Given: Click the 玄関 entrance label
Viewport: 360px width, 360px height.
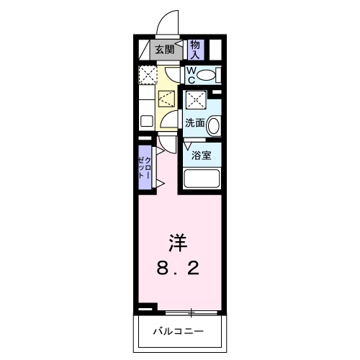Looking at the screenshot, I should (x=164, y=50).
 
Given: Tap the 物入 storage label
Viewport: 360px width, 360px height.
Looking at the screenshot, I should (x=195, y=49).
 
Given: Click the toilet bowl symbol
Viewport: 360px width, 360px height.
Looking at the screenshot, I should (x=207, y=75).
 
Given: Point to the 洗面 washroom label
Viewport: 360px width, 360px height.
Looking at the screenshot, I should (x=194, y=122).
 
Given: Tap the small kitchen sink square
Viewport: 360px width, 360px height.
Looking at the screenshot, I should (x=145, y=120).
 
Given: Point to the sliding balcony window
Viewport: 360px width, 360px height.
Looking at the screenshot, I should (x=192, y=312).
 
